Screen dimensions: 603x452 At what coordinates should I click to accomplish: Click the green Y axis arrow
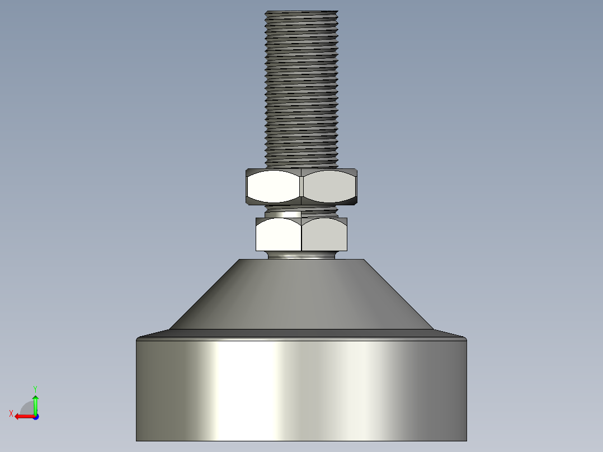pos(35,404)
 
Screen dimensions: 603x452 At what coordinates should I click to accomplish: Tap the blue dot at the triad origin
pos(36,417)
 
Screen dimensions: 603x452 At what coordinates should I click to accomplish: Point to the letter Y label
pos(35,389)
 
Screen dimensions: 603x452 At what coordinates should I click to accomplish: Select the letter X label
pos(11,413)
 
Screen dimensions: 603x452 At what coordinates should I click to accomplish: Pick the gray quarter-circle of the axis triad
pos(27,408)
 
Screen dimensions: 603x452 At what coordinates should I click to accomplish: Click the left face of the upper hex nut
pos(274,187)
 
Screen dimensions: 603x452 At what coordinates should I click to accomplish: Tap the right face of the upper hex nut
pos(329,187)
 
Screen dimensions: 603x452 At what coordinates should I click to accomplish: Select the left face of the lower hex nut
pos(279,234)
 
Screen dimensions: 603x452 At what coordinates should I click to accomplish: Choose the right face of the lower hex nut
pos(324,234)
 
